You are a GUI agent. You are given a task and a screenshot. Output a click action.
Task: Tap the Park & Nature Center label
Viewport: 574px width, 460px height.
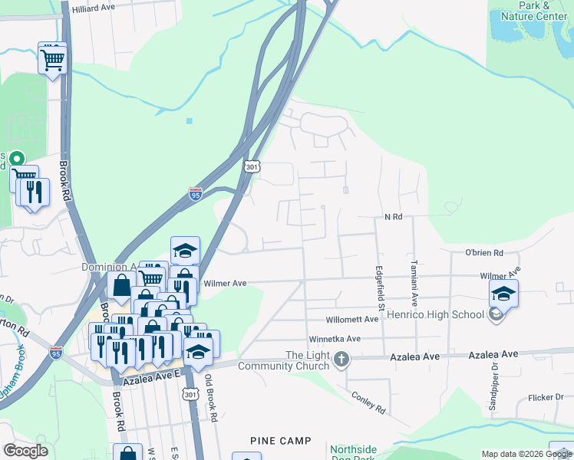tap(534, 11)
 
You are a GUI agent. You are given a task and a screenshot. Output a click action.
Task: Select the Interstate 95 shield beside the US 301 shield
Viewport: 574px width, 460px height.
tap(196, 195)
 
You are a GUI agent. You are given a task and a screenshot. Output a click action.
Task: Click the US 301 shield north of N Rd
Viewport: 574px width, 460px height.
tap(253, 166)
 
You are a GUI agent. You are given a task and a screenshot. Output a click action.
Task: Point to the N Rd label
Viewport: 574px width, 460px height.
tap(393, 218)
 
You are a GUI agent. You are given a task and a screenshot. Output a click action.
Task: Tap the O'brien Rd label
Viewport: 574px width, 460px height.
tap(483, 253)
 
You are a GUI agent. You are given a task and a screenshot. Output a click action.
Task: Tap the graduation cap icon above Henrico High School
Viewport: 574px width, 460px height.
tap(503, 294)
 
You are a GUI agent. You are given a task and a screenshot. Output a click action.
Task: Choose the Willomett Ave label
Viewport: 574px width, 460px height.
tap(352, 320)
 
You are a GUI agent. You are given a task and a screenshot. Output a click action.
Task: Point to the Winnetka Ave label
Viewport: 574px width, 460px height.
tap(334, 339)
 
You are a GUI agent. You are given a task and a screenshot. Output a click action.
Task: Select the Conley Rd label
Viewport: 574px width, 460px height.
tap(368, 402)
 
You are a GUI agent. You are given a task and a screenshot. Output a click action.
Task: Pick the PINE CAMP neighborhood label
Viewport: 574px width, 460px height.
tap(281, 441)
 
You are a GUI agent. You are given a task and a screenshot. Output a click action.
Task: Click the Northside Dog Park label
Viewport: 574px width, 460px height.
tap(355, 453)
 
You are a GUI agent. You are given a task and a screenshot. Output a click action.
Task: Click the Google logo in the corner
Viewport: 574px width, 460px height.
tap(25, 451)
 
